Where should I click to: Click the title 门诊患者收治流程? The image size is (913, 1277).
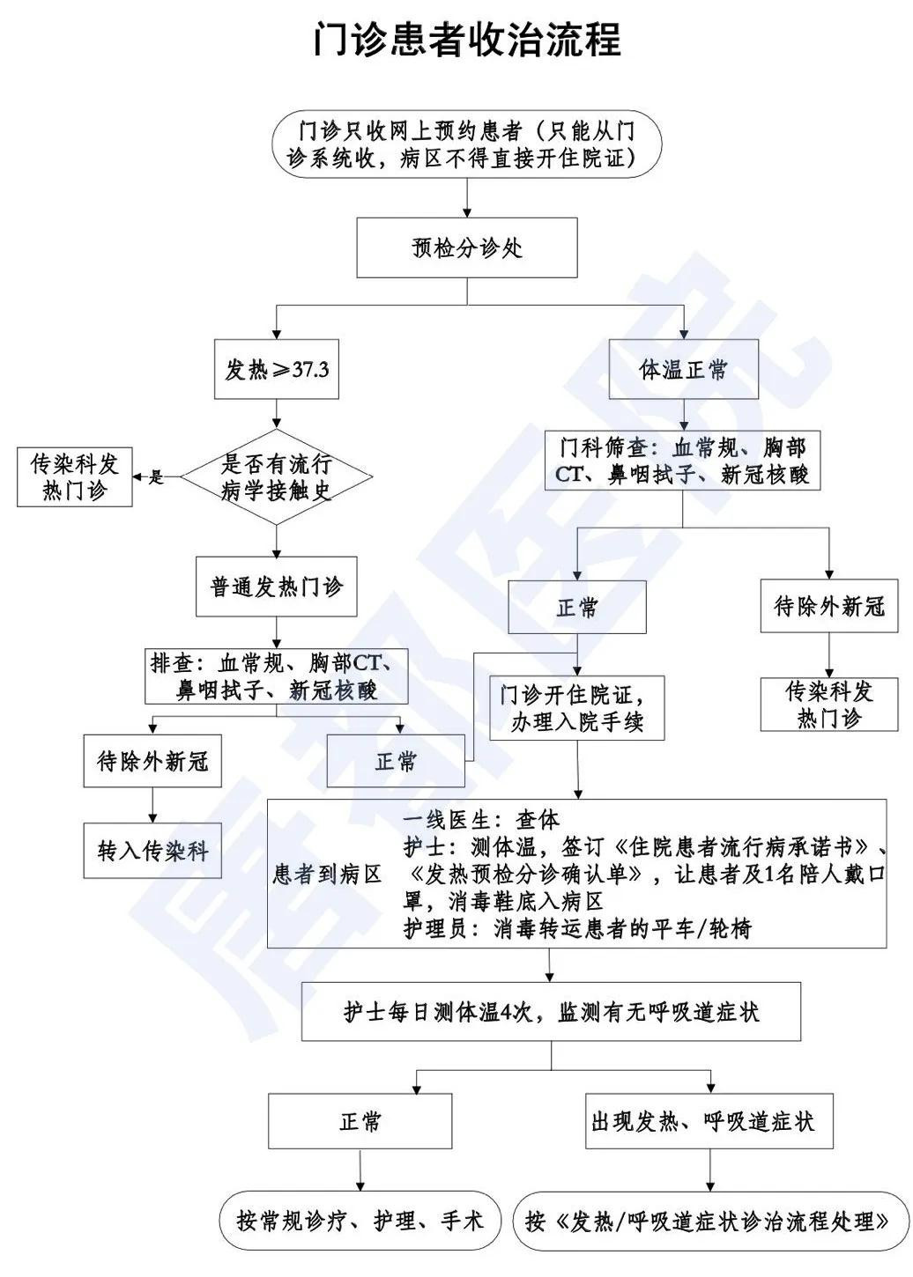click(467, 40)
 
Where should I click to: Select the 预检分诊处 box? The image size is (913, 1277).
click(467, 248)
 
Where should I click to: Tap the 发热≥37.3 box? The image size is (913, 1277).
click(277, 370)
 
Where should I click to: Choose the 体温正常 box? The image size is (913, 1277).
click(684, 370)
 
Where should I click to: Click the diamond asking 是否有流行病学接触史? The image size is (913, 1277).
click(277, 477)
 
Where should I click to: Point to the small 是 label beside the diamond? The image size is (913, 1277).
click(157, 477)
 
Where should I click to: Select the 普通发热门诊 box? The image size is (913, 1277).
click(277, 587)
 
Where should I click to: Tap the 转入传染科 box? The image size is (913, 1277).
click(152, 851)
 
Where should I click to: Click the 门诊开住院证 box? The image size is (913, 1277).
click(577, 708)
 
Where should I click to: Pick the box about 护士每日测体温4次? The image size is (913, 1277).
click(552, 1012)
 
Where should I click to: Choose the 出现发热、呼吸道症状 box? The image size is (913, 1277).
click(709, 1121)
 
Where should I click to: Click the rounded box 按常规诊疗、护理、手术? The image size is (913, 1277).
click(360, 1221)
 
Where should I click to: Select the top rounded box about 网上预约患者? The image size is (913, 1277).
click(467, 145)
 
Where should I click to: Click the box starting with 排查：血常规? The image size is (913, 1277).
click(277, 676)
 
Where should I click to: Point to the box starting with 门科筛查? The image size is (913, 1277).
click(684, 461)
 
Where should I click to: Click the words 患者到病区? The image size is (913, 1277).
click(327, 874)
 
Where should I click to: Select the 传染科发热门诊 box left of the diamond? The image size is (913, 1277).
click(75, 477)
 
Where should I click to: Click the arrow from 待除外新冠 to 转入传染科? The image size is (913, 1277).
click(152, 805)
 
